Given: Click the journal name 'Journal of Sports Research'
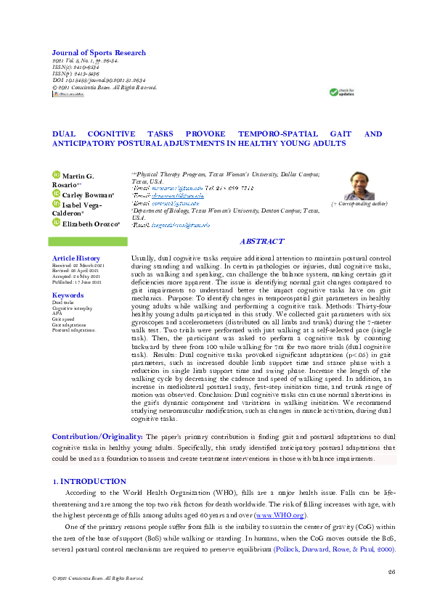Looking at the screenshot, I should pos(98,53).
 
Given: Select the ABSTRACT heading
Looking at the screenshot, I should pos(262,242).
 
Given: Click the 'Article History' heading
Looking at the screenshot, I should pos(76,258).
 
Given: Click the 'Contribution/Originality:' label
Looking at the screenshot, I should pos(97,437).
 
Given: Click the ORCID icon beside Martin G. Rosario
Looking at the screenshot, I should pos(55,175).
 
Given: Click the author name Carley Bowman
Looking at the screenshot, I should pos(87,195).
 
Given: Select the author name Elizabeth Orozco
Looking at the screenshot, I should pos(89,223).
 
